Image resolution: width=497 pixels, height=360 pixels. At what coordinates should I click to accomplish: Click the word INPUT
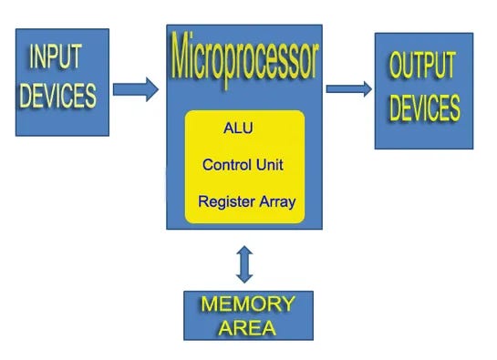click(56, 57)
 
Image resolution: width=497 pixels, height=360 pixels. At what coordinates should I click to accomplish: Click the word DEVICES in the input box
click(58, 95)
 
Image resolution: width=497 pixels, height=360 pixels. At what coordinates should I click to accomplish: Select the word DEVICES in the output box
click(425, 107)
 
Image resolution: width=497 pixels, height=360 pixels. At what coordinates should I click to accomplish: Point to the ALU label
click(238, 128)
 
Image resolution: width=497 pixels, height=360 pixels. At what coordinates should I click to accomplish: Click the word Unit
click(270, 165)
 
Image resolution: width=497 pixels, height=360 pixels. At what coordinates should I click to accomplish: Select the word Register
click(226, 201)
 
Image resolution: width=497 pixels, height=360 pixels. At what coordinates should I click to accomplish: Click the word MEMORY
click(248, 303)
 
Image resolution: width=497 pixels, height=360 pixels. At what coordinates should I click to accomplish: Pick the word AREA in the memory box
click(247, 326)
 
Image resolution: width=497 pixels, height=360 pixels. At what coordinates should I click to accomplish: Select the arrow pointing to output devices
click(348, 89)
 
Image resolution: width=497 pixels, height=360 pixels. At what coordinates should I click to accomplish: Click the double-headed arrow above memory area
click(243, 263)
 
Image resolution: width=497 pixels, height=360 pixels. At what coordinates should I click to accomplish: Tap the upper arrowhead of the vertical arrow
click(243, 250)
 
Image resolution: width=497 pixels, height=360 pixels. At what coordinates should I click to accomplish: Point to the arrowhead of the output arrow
click(366, 89)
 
